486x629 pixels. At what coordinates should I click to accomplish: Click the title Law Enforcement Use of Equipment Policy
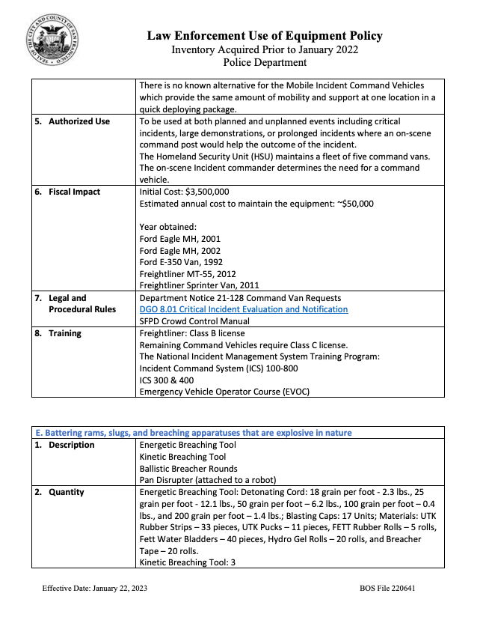pyautogui.click(x=265, y=36)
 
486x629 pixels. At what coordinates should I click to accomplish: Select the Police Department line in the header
pyautogui.click(x=265, y=63)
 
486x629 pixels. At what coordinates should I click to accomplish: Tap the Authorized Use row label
pyautogui.click(x=79, y=121)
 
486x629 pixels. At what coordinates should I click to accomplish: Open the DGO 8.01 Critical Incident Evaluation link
pyautogui.click(x=244, y=309)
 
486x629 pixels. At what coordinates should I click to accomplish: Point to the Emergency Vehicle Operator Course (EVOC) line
pyautogui.click(x=224, y=392)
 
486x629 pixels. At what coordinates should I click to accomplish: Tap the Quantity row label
pyautogui.click(x=67, y=492)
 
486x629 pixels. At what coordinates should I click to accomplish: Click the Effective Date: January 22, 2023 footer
pyautogui.click(x=94, y=589)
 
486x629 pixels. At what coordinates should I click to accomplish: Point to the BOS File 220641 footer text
pyautogui.click(x=387, y=589)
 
